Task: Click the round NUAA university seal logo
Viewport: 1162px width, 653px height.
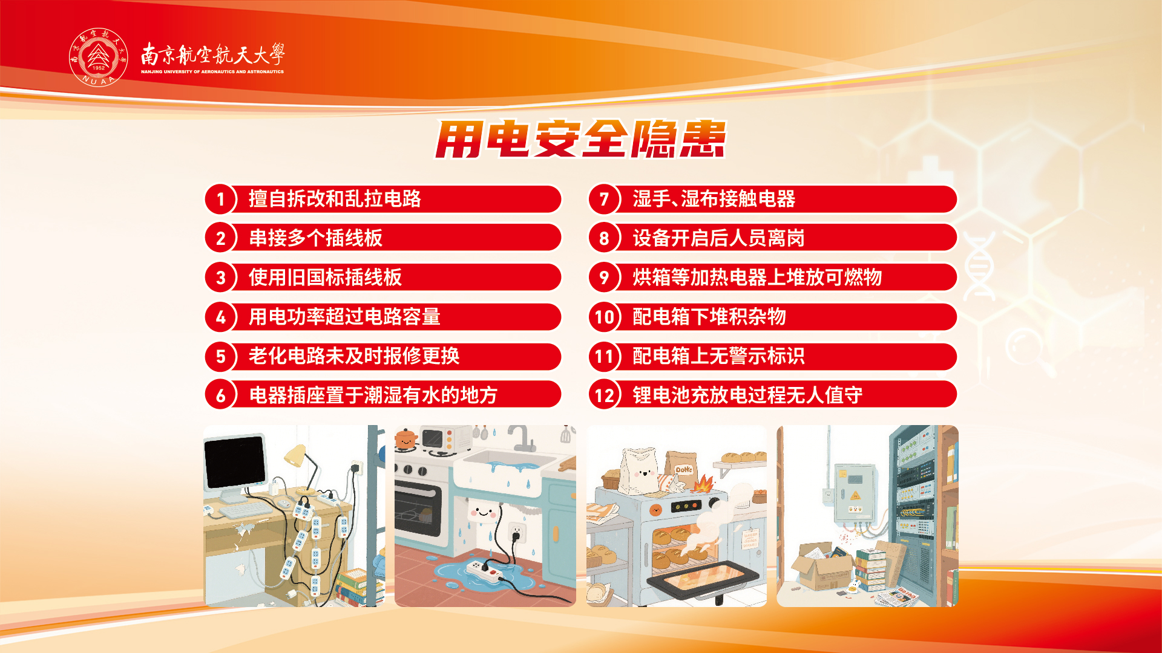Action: [x=99, y=57]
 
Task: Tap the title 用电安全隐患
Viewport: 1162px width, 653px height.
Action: [x=580, y=139]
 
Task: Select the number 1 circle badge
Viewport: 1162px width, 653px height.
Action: [x=220, y=199]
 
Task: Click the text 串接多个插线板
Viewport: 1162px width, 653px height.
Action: [x=315, y=238]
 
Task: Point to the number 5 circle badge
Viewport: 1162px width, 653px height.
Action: [x=220, y=356]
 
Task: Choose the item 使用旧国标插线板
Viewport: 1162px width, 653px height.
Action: [x=325, y=278]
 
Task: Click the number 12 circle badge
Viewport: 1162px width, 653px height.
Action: [x=604, y=395]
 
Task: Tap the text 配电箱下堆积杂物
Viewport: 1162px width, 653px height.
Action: [x=709, y=317]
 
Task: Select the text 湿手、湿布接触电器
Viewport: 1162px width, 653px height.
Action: [x=714, y=199]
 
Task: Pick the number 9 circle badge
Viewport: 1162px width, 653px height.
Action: [x=604, y=278]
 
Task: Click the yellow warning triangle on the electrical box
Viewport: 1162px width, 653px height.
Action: [x=855, y=496]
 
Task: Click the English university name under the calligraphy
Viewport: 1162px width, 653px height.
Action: [x=212, y=72]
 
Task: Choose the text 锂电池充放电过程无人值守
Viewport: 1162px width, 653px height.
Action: [x=747, y=395]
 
